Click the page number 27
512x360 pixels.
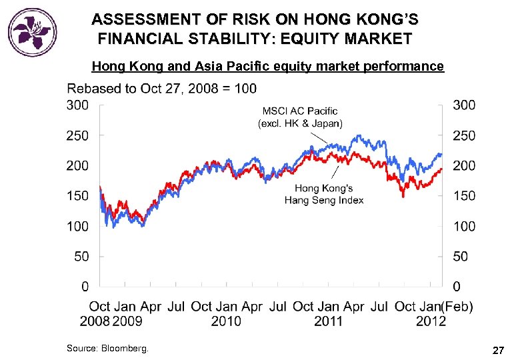tap(497, 349)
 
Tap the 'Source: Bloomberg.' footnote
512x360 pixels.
tap(108, 348)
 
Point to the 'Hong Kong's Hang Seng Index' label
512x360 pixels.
tap(324, 194)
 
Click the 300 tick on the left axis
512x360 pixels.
tap(77, 105)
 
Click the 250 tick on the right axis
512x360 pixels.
tap(465, 135)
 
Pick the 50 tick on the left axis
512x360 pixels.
tap(81, 256)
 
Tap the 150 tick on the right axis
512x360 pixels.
tap(465, 196)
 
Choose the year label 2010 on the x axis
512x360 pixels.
tap(226, 321)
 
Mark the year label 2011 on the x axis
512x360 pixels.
tap(329, 321)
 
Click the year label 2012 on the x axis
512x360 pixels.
tap(431, 321)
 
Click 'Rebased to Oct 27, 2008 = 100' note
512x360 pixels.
tap(161, 88)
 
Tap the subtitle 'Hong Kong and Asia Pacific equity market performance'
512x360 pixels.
tap(267, 66)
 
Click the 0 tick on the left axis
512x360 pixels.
tap(85, 287)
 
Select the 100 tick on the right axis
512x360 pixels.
tap(465, 226)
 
